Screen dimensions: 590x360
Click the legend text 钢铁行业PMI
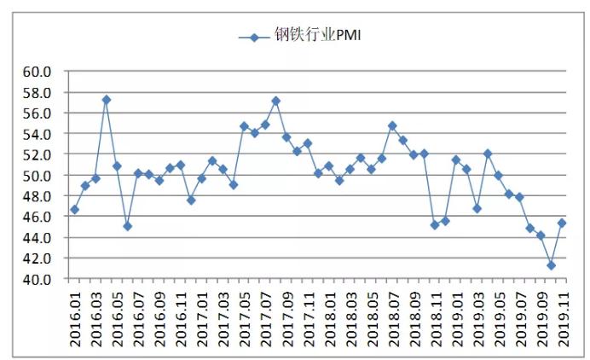point(317,35)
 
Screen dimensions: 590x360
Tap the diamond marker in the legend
point(254,38)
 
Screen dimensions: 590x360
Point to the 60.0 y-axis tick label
point(37,72)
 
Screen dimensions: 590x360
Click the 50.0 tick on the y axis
point(37,176)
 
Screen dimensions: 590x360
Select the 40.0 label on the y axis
point(37,280)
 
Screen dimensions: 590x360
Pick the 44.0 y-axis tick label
point(37,238)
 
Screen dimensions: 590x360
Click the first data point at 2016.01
point(74,210)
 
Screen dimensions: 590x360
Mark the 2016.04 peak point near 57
point(107,100)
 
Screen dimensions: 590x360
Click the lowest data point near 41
point(552,265)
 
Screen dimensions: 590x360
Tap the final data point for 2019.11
point(562,224)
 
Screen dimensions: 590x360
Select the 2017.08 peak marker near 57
point(275,101)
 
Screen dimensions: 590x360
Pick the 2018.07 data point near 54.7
point(392,125)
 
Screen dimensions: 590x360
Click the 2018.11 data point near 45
point(435,225)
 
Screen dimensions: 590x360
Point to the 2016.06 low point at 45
point(128,226)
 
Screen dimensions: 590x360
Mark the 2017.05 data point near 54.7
point(244,126)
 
